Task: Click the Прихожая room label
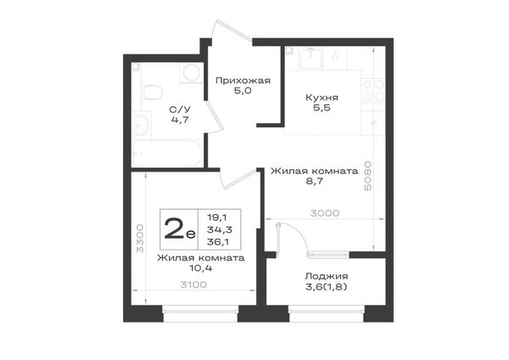[243, 81]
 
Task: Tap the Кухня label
[322, 98]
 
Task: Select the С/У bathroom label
[180, 110]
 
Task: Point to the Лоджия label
[327, 276]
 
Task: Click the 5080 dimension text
[368, 176]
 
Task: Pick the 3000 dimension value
[325, 213]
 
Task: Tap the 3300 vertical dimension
[140, 238]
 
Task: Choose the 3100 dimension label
[193, 284]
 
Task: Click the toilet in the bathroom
[152, 93]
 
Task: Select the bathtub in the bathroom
[167, 154]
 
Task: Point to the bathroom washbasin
[142, 124]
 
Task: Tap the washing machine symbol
[191, 73]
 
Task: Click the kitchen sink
[311, 58]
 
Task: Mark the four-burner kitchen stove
[373, 91]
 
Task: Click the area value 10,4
[201, 268]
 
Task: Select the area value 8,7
[315, 181]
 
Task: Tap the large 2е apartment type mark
[180, 228]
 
